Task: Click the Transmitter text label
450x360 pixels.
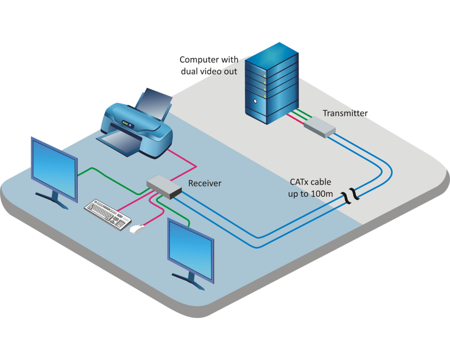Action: [x=345, y=113]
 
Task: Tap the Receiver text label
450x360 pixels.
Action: [x=205, y=183]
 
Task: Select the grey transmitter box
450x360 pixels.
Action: [x=319, y=127]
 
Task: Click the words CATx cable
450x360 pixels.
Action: [x=310, y=182]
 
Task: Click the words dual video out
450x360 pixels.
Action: [x=209, y=71]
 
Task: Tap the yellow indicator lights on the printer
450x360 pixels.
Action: [x=126, y=123]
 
